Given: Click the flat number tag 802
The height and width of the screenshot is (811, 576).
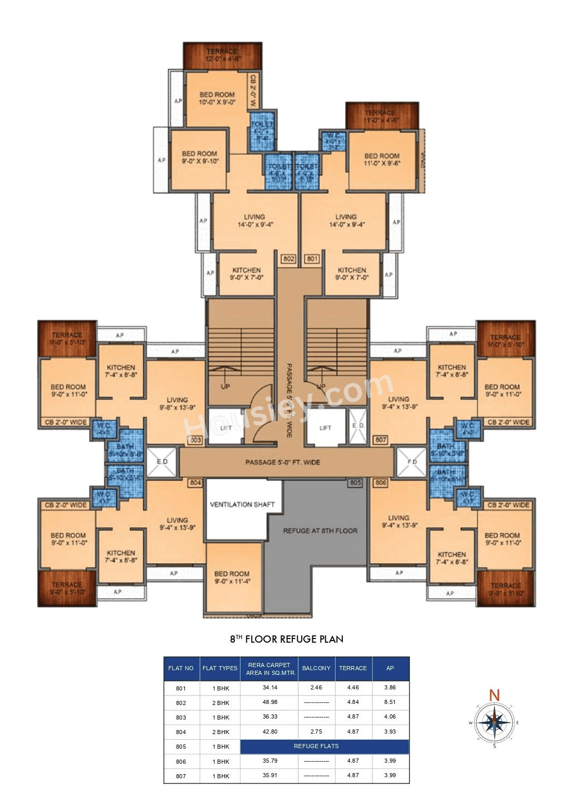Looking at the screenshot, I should pyautogui.click(x=289, y=259).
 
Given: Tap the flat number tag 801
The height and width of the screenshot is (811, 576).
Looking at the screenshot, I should pyautogui.click(x=312, y=259).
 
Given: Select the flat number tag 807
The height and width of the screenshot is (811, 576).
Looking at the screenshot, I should pyautogui.click(x=381, y=440).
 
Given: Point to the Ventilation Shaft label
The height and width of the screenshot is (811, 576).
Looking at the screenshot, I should pyautogui.click(x=242, y=504).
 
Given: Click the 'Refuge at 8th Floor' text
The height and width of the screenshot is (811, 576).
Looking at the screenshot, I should pyautogui.click(x=320, y=531).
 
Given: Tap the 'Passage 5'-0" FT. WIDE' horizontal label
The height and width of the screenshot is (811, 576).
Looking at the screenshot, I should pyautogui.click(x=283, y=462).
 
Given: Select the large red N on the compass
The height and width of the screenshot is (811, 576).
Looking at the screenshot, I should pyautogui.click(x=494, y=695).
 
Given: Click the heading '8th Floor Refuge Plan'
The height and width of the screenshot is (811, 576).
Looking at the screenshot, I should pyautogui.click(x=287, y=639).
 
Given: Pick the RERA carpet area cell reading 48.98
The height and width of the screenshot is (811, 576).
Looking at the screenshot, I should pyautogui.click(x=270, y=702).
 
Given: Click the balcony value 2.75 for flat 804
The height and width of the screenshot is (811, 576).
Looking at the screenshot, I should pyautogui.click(x=316, y=732).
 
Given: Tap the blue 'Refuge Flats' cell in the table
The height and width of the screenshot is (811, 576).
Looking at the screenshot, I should pyautogui.click(x=316, y=746).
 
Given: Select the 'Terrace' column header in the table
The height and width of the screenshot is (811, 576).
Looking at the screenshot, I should pyautogui.click(x=353, y=668).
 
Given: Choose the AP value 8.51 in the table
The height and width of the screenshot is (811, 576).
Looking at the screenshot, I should pyautogui.click(x=390, y=702).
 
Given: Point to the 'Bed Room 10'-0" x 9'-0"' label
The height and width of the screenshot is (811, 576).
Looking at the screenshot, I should pyautogui.click(x=217, y=98).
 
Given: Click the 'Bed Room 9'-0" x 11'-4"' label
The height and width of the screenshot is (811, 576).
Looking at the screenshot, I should pyautogui.click(x=232, y=577).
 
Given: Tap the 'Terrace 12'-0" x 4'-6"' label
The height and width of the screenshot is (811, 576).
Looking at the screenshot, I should pyautogui.click(x=222, y=55).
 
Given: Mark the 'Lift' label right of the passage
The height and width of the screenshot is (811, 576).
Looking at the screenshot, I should pyautogui.click(x=325, y=428).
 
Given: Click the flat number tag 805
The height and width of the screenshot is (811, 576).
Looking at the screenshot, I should pyautogui.click(x=355, y=483).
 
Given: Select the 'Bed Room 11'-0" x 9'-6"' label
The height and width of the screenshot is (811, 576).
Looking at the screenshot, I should pyautogui.click(x=382, y=159).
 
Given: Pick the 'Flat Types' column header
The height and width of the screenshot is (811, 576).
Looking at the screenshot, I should pyautogui.click(x=220, y=668).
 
